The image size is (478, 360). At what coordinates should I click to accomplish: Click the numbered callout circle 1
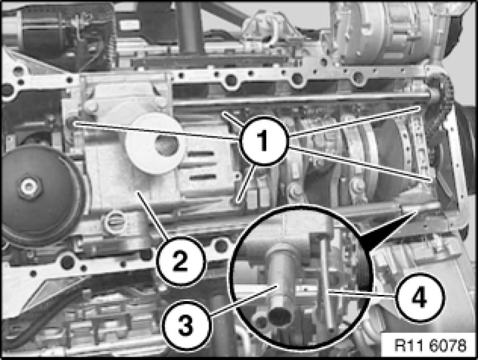pos(264,140)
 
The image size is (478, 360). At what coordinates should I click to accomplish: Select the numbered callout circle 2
pos(180,261)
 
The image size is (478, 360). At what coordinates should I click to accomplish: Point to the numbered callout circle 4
pos(420,298)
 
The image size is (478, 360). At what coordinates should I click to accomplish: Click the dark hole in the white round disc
pos(167,145)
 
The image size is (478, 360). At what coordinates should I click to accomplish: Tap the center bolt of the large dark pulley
pos(29,186)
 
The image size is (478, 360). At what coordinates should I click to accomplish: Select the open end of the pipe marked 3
pos(280,316)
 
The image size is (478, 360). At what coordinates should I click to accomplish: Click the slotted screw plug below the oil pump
pos(115,222)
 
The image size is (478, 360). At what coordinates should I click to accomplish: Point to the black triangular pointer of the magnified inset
pos(384,231)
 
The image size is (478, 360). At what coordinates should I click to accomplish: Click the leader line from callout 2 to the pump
pos(153,215)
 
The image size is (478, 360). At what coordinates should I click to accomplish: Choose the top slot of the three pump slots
pos(201,154)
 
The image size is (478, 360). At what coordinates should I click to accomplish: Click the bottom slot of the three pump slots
pos(203,177)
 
